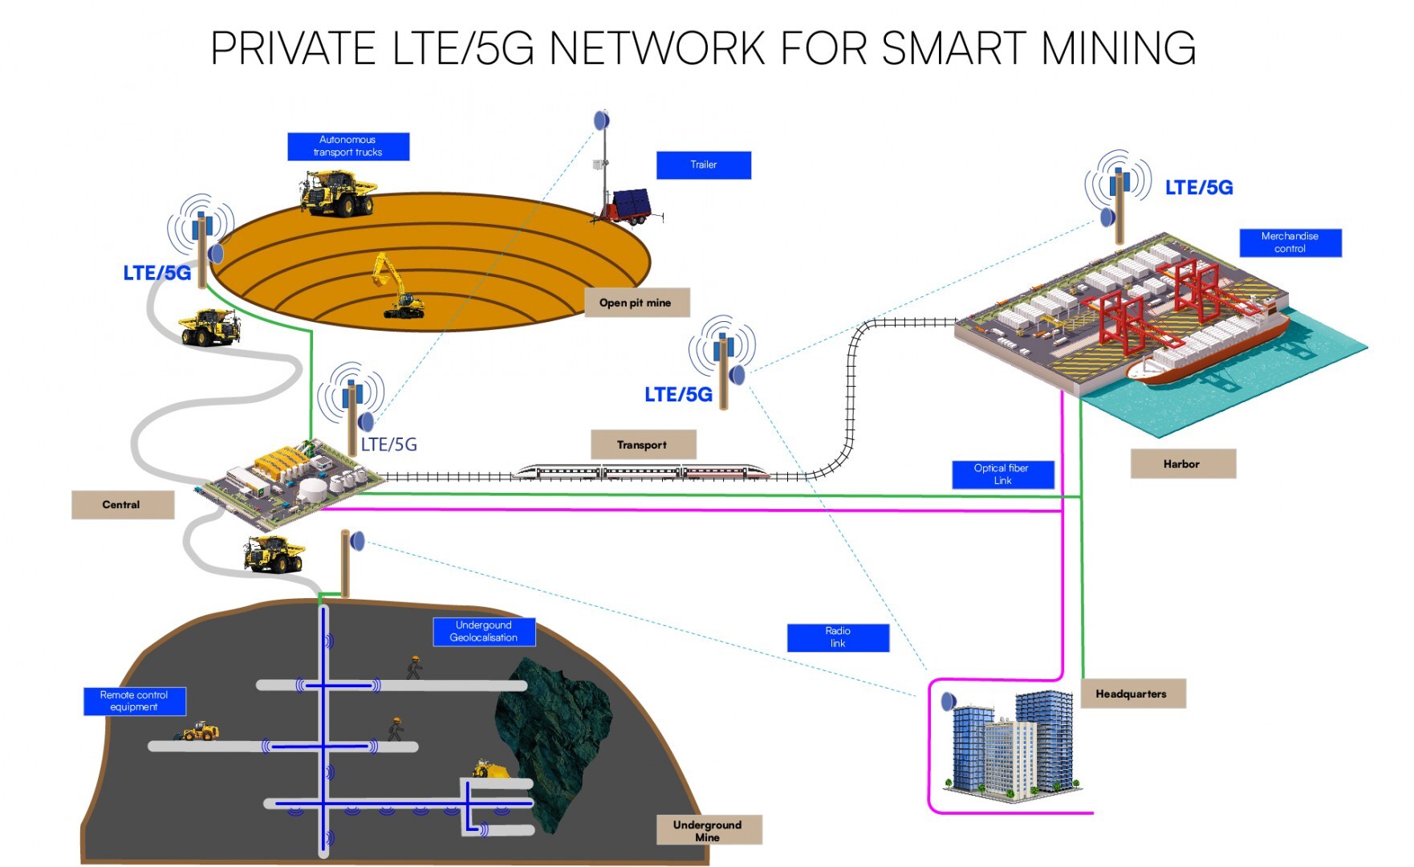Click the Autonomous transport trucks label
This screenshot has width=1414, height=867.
pos(348,146)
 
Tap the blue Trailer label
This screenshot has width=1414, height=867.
pos(703,165)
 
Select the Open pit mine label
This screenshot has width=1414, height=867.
pos(636,303)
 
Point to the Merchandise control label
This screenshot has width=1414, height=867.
pos(1290,242)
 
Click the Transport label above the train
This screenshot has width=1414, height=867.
pos(643,445)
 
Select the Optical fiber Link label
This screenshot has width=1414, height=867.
pos(1002,474)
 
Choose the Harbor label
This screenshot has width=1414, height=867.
pos(1182,464)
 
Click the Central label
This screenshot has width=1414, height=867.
pos(122,505)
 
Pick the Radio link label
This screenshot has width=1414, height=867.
pos(838,637)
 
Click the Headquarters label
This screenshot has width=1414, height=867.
pos(1132,694)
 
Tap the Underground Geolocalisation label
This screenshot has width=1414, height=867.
pos(484,632)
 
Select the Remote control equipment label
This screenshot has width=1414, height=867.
pos(134,701)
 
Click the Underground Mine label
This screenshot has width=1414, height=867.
pos(708,831)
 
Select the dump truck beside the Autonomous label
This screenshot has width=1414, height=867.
pos(338,193)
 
